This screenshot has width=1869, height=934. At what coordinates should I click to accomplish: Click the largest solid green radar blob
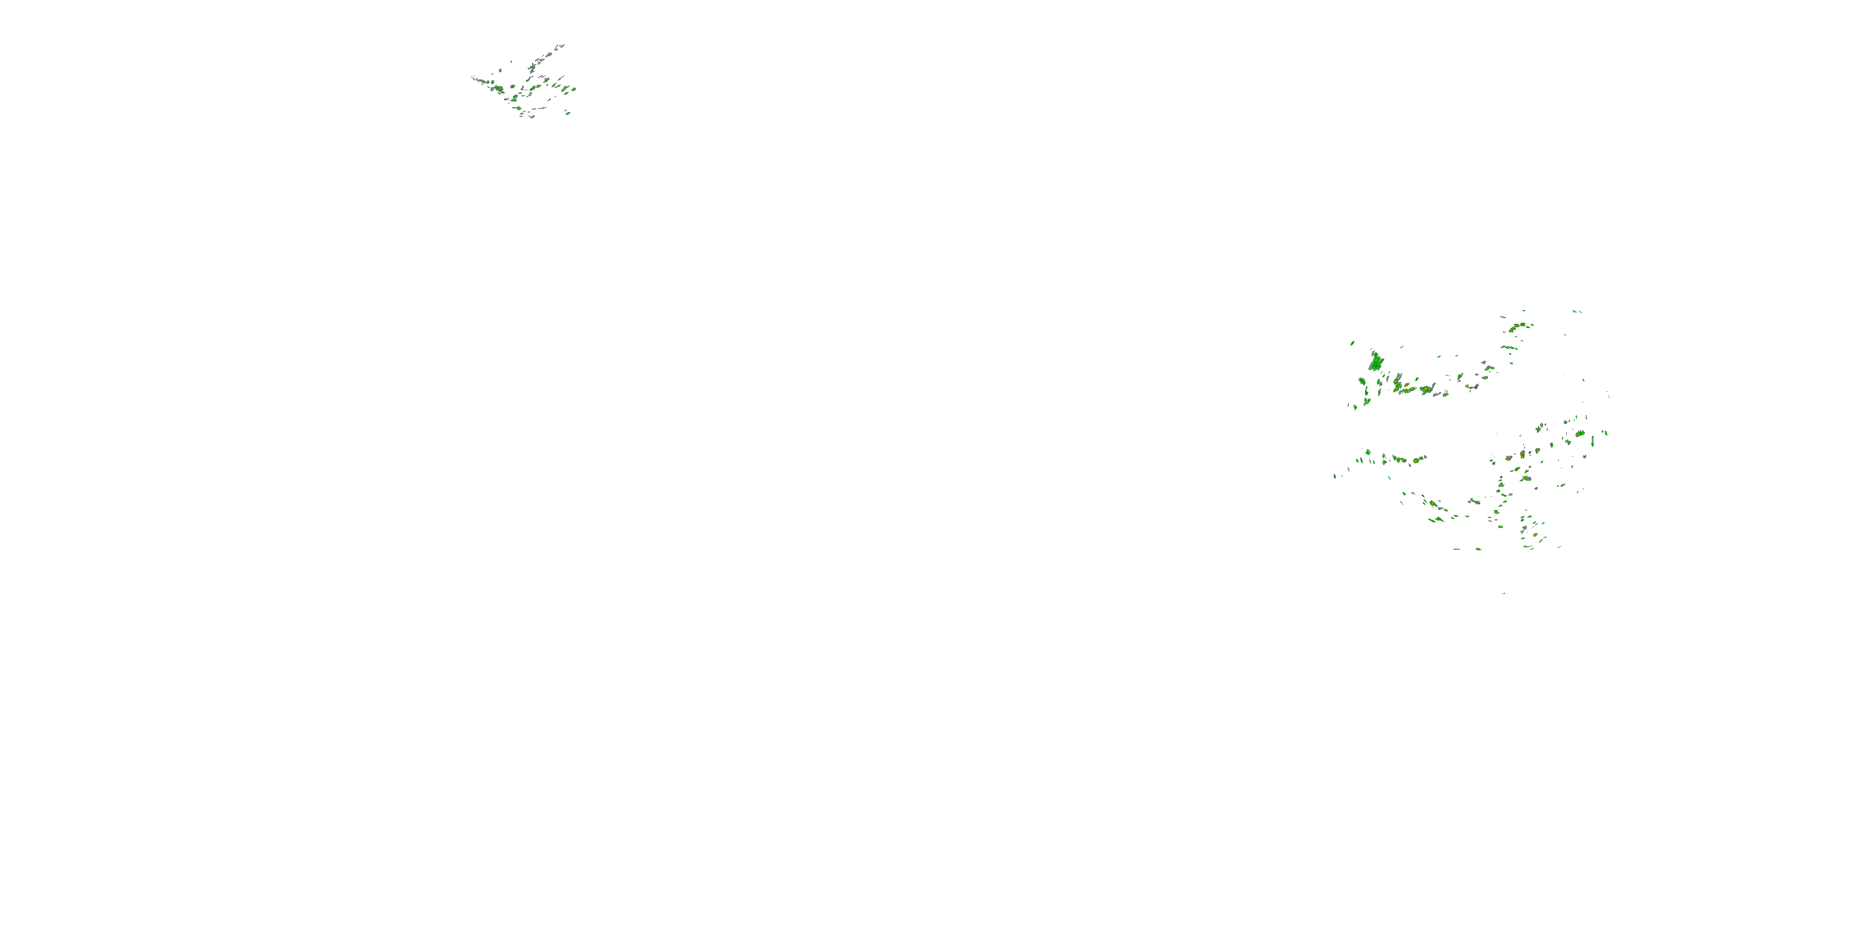1376,361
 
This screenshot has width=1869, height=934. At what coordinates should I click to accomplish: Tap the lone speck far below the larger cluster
1503,593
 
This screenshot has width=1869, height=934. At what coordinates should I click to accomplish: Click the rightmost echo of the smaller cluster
574,89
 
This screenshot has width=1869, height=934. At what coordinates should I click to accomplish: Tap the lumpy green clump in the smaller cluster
498,89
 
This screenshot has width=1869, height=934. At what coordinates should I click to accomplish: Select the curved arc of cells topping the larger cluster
1516,327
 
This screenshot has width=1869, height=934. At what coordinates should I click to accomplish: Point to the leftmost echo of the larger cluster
1334,476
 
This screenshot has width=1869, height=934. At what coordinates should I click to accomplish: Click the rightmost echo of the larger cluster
1606,433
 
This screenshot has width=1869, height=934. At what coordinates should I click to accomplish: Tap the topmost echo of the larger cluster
1576,311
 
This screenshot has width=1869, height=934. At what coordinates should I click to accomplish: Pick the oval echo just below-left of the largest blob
1363,380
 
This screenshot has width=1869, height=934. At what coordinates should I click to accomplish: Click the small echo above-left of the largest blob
1353,343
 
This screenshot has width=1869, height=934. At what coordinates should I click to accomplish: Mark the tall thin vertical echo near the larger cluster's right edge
1593,440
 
